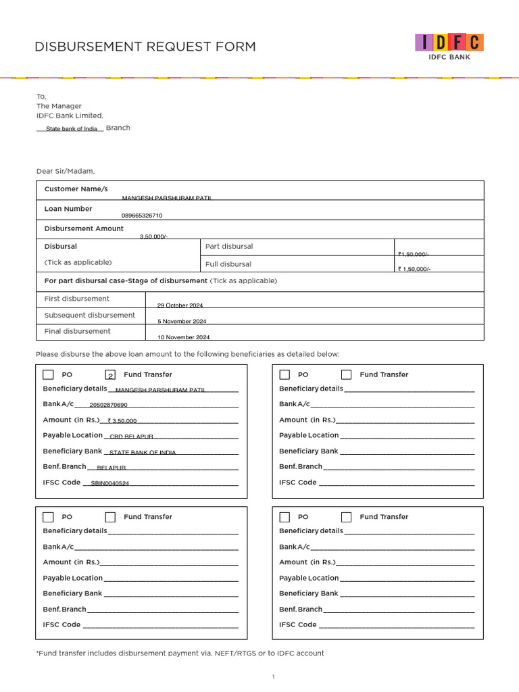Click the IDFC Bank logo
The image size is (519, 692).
[449, 46]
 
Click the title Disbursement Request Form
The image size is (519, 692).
[145, 47]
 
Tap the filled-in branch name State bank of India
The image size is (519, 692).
[71, 128]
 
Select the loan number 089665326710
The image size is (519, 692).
[142, 216]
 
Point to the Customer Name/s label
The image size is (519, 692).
[76, 189]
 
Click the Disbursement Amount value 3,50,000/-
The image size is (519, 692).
[153, 236]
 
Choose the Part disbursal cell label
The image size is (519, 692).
[229, 247]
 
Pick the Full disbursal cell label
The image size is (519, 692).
[228, 264]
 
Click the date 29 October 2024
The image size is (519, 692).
[180, 305]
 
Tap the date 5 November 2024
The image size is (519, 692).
[182, 322]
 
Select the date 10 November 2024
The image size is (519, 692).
[184, 337]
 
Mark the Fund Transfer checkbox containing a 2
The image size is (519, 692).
[110, 375]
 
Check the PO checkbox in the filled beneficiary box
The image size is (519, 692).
[49, 375]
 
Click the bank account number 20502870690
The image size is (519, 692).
[108, 405]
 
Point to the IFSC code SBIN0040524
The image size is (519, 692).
[109, 484]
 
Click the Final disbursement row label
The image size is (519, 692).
[77, 331]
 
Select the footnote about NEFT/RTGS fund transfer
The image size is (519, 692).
[180, 653]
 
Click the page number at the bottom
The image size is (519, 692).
[273, 677]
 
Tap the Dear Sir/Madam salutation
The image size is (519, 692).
[66, 171]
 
